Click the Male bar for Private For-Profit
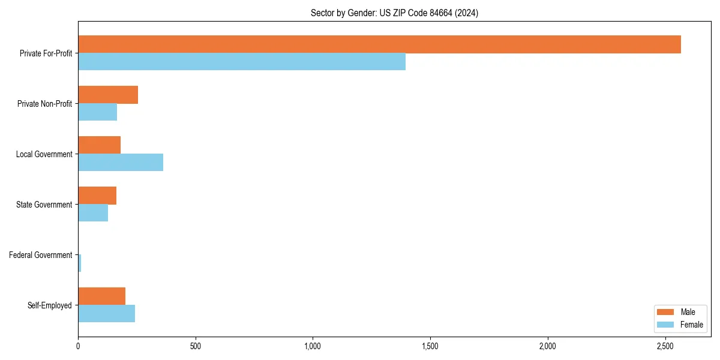pos(379,44)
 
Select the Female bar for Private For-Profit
pos(242,62)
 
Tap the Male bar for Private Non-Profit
pos(108,95)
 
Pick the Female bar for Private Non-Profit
pos(97,112)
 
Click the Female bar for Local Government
pos(121,163)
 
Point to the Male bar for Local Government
pos(99,145)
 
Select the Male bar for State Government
pos(97,196)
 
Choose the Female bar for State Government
pos(93,213)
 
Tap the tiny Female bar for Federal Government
pos(80,263)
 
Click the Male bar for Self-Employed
pos(101,296)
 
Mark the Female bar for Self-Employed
pos(106,314)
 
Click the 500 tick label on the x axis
pos(195,346)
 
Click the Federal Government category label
pos(41,255)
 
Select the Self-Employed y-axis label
pos(50,305)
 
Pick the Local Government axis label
pos(44,154)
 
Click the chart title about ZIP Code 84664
pos(394,13)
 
